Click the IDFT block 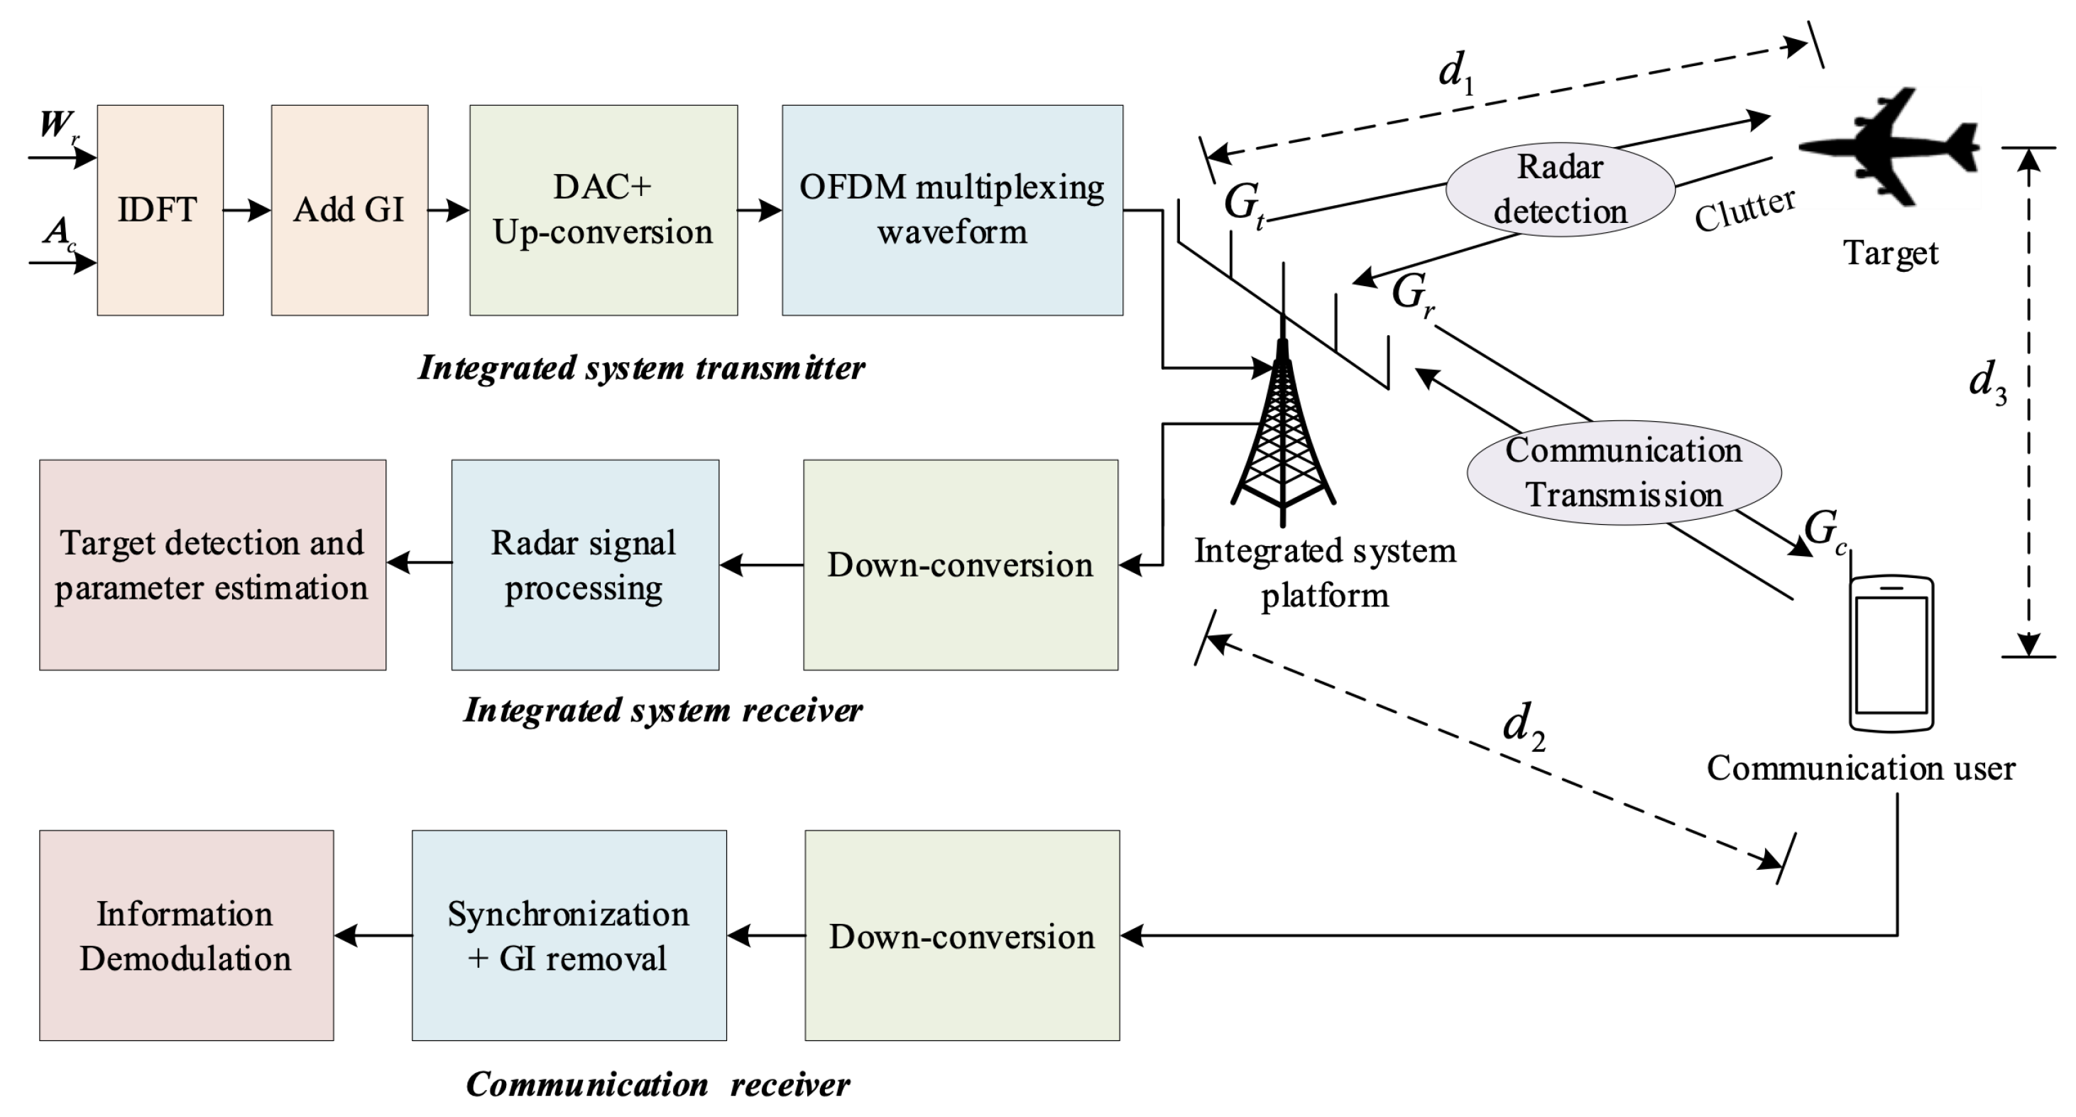(160, 209)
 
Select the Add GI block (349, 209)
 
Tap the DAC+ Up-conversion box (603, 209)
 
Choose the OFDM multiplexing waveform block (952, 209)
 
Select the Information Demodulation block (186, 935)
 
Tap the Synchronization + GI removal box (569, 935)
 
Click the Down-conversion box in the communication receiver (961, 935)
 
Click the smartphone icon (1891, 653)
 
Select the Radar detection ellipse (1561, 190)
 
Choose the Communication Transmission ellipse (1623, 473)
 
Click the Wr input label (59, 126)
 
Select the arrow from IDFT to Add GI (246, 210)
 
